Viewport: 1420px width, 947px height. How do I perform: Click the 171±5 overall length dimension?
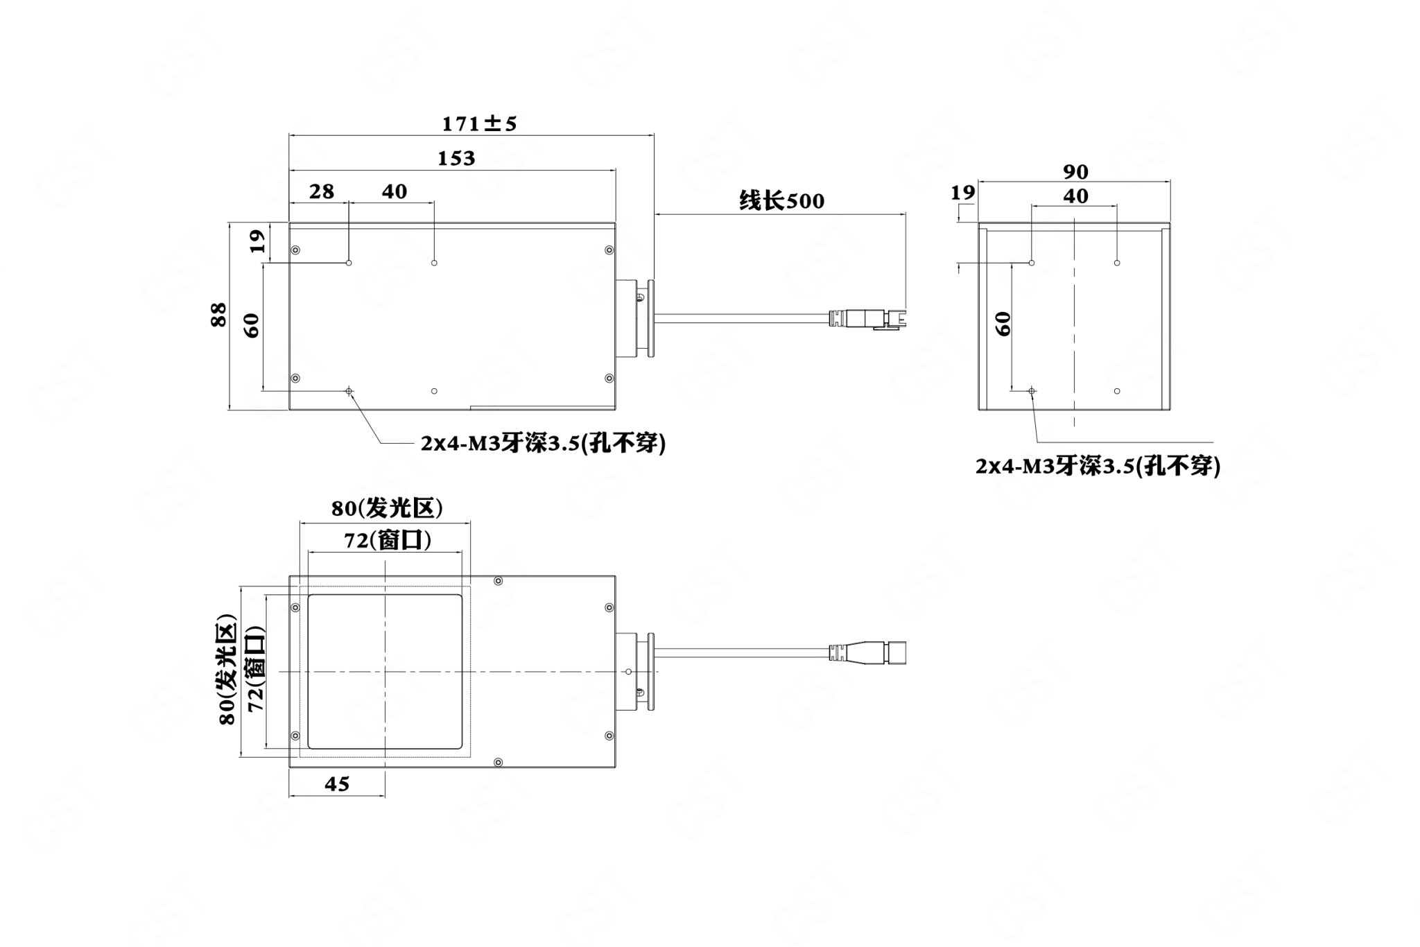pyautogui.click(x=479, y=123)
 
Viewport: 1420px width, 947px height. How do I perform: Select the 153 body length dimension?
pyautogui.click(x=456, y=159)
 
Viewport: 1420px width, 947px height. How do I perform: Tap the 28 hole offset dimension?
pyautogui.click(x=322, y=191)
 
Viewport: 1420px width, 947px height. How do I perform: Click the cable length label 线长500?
pyautogui.click(x=782, y=201)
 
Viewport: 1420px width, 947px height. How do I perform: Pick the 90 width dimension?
pyautogui.click(x=1075, y=171)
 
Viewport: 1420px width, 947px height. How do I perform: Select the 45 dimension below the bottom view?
pyautogui.click(x=337, y=784)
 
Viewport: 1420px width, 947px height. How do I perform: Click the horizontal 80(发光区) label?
pyautogui.click(x=387, y=509)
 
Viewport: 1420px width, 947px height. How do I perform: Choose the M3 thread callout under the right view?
pyautogui.click(x=1098, y=466)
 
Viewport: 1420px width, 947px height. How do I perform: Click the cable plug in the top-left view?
pyautogui.click(x=869, y=318)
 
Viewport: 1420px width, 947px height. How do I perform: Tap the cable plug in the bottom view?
pyautogui.click(x=869, y=652)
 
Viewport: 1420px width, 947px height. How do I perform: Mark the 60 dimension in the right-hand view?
pyautogui.click(x=1003, y=323)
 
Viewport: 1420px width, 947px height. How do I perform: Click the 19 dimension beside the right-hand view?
pyautogui.click(x=962, y=192)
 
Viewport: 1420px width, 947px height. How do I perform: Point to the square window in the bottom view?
pyautogui.click(x=385, y=672)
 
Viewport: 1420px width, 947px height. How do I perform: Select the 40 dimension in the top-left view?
pyautogui.click(x=395, y=191)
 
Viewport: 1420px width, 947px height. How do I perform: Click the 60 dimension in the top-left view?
pyautogui.click(x=251, y=325)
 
